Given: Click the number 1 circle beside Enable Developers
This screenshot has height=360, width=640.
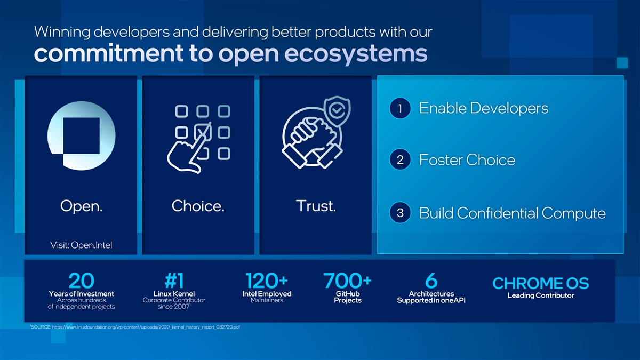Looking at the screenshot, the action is (x=400, y=108).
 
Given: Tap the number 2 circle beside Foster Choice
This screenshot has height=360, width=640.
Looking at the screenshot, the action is (x=400, y=159).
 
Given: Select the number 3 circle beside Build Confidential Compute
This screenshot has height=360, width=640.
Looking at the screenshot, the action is (x=400, y=213).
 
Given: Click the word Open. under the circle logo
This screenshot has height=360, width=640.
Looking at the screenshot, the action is (x=81, y=206).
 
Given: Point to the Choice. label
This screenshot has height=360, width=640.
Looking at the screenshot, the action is (x=198, y=206).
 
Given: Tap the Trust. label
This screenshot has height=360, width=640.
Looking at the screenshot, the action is (x=316, y=206).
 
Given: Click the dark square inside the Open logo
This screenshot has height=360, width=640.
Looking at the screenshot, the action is (x=82, y=135).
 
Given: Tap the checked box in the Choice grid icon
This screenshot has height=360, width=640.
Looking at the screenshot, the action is (x=203, y=132).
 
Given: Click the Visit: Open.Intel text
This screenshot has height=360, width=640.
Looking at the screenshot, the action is (x=81, y=245).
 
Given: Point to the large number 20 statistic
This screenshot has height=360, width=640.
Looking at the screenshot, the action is (x=82, y=281).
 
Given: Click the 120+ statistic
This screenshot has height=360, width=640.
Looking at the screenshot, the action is (x=267, y=281).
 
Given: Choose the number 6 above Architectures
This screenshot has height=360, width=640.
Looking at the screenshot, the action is (x=431, y=281).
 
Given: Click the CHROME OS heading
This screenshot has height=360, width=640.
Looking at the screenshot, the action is (x=541, y=283).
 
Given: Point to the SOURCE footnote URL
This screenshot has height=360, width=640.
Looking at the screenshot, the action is (x=146, y=327).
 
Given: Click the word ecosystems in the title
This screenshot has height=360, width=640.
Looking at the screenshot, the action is (x=356, y=53).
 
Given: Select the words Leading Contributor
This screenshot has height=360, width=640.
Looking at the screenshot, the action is (x=541, y=295).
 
